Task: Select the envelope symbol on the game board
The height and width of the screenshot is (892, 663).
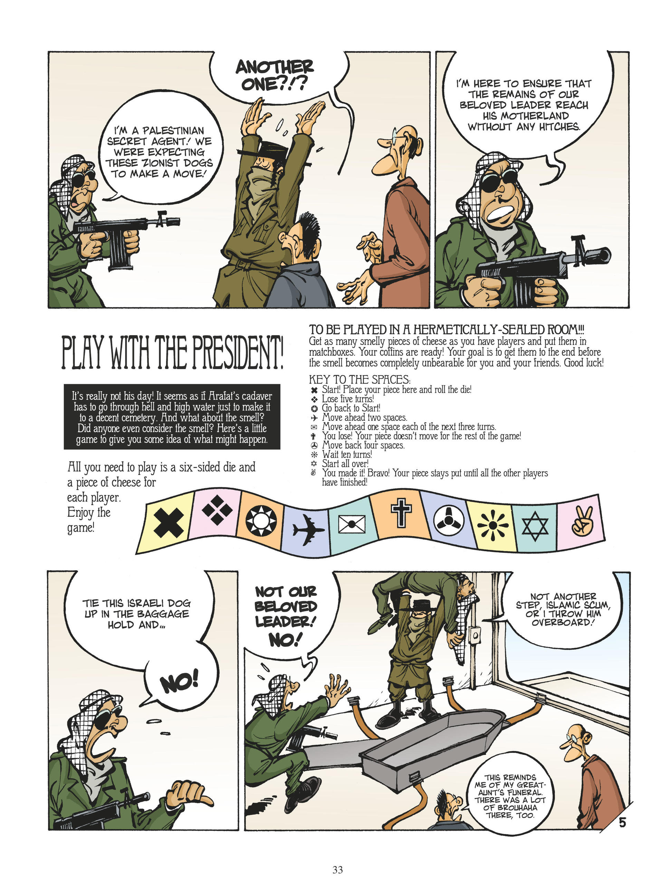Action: coord(352,524)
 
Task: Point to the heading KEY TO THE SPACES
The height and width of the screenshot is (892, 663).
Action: coord(359,379)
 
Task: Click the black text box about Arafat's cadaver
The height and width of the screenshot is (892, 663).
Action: coord(172,417)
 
